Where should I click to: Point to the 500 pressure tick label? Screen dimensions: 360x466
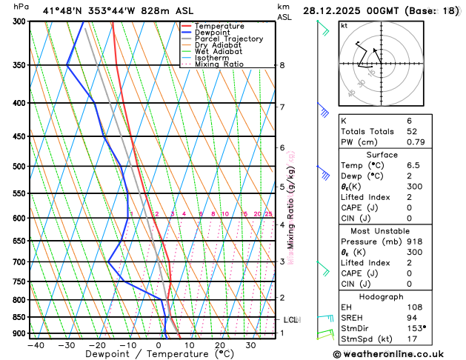click(x=19, y=166)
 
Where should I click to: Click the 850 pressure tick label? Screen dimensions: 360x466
click(x=19, y=317)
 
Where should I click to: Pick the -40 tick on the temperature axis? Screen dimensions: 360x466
click(x=36, y=344)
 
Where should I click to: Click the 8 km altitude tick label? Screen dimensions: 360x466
click(x=282, y=65)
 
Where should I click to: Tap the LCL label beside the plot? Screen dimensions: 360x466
click(x=290, y=320)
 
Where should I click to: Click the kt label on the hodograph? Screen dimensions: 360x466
click(x=344, y=25)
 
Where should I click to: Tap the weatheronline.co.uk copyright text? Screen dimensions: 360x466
click(x=396, y=354)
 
